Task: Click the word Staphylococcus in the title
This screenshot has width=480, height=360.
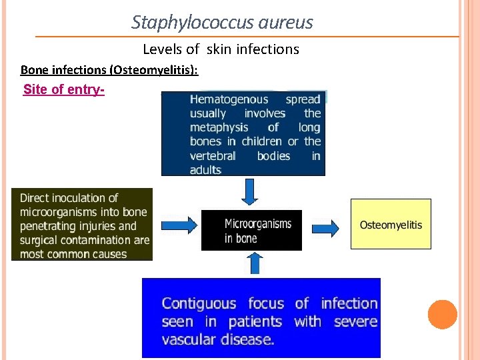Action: [175, 23]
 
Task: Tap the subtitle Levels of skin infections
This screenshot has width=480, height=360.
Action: [221, 49]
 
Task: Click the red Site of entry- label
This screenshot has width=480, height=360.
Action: [63, 89]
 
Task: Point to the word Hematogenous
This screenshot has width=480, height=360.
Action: [229, 99]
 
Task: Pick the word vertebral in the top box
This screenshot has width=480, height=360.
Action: [213, 156]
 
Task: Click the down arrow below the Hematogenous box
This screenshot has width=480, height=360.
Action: [250, 191]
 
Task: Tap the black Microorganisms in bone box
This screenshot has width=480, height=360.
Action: [251, 231]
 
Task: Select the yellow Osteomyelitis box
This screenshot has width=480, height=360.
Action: [391, 225]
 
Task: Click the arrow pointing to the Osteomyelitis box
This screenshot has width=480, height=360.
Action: [326, 228]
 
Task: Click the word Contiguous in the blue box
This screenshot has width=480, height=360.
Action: [199, 304]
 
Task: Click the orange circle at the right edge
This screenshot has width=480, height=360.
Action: [442, 315]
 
